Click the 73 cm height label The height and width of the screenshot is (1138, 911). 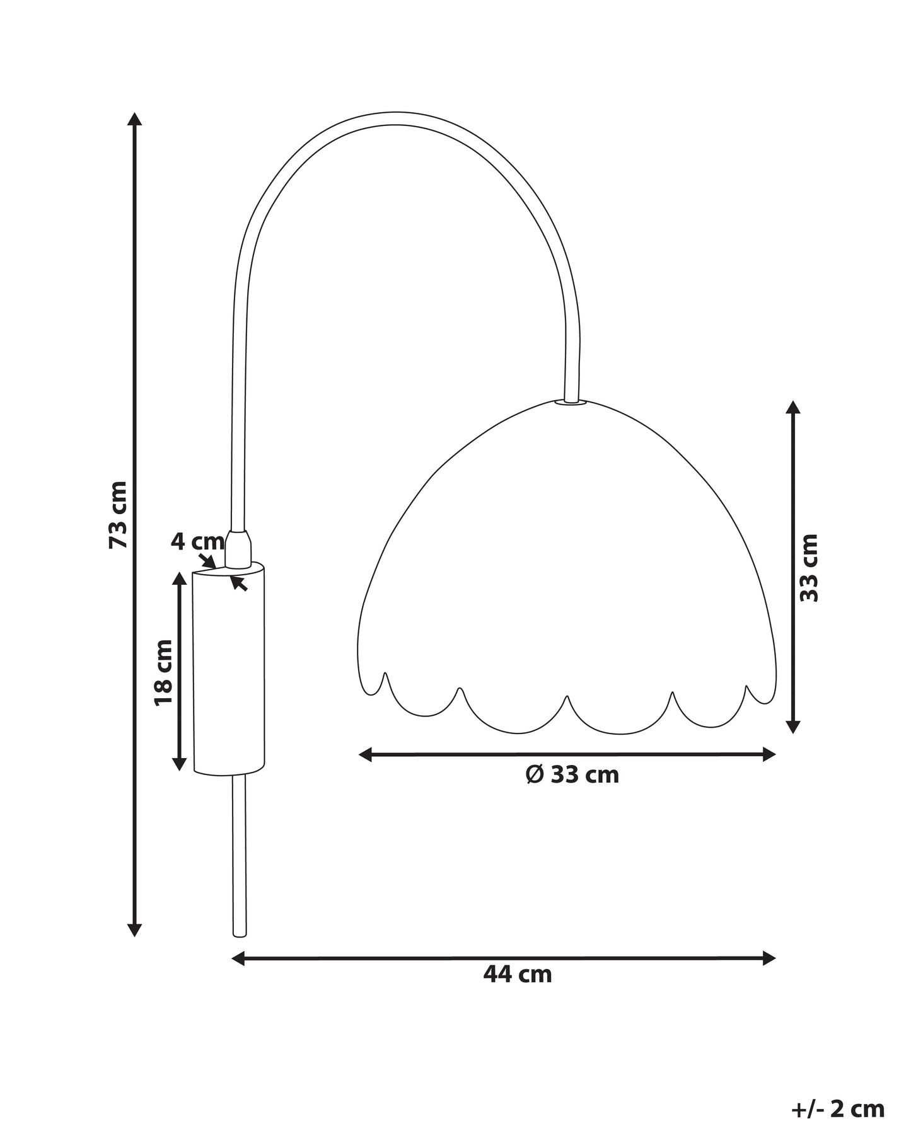point(119,514)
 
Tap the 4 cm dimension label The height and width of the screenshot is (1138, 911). point(197,541)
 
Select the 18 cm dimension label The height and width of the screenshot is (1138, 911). point(163,672)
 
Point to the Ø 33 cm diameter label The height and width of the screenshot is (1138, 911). point(572,774)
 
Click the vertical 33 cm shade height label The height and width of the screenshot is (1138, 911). point(809,568)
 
